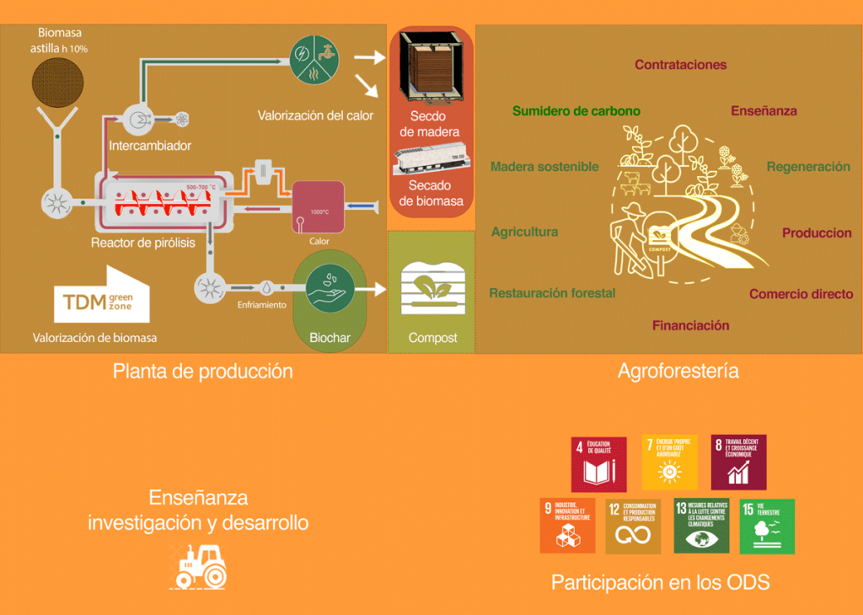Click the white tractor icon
coord(200,565)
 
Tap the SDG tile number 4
coord(599,463)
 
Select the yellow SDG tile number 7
coord(669,463)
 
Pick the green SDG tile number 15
coord(767,527)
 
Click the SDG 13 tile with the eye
coord(701,527)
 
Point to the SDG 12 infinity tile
coord(633,527)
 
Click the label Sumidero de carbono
coord(576,111)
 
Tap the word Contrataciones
coord(680,65)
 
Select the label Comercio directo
coord(801,294)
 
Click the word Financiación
coord(690,325)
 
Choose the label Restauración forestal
coord(552,293)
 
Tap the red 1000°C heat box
coord(317,206)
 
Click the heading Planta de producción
coord(203,371)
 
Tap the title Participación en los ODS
coord(660,582)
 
